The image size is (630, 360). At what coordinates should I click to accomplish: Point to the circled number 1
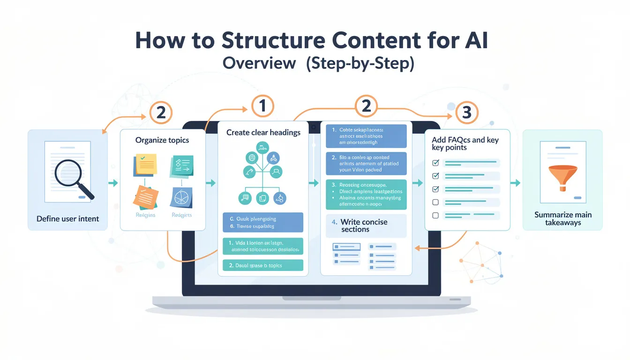click(x=262, y=106)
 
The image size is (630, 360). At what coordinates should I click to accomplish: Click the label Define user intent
click(x=68, y=218)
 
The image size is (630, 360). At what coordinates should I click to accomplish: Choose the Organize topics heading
click(x=162, y=140)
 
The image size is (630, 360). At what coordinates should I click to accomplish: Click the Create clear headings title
click(x=263, y=133)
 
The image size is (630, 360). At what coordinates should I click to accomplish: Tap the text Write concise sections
click(x=364, y=225)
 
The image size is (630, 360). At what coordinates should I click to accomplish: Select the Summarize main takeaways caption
click(x=563, y=218)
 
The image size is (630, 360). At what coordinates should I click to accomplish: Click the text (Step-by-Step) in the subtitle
click(x=360, y=63)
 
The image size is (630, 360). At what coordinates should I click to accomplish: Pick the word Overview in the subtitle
click(x=259, y=63)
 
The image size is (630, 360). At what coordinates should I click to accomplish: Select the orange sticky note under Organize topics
click(x=146, y=197)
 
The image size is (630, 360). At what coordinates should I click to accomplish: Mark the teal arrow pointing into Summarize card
click(x=515, y=183)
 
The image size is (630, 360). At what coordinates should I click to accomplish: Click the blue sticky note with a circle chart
click(x=182, y=198)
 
